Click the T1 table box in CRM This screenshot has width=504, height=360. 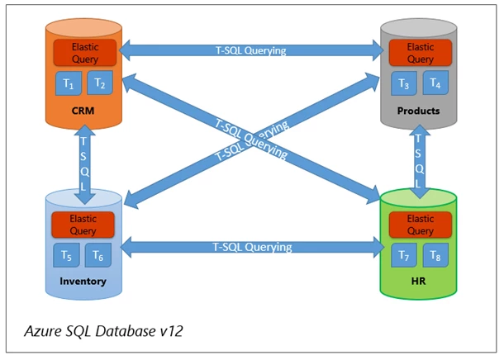[x=69, y=83]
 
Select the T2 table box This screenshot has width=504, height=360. [x=100, y=83]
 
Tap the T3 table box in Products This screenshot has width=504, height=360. [x=404, y=83]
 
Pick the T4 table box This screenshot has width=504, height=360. [x=435, y=83]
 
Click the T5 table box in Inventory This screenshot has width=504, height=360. [x=67, y=255]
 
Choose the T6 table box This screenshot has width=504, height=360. [x=98, y=255]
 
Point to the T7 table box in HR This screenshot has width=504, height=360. [x=404, y=255]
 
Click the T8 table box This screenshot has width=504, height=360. [x=435, y=255]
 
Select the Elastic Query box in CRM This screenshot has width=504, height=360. [x=85, y=53]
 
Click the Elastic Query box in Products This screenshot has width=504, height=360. [x=421, y=53]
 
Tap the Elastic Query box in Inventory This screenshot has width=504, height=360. [x=83, y=225]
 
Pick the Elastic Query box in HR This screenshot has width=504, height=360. [x=421, y=225]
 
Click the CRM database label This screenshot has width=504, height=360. [x=83, y=111]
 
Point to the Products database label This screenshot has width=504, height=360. [x=419, y=111]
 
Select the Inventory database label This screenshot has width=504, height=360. [x=83, y=282]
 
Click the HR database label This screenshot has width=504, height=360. [x=419, y=282]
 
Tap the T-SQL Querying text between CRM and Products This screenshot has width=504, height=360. [x=250, y=50]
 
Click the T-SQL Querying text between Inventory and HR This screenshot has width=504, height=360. [x=252, y=247]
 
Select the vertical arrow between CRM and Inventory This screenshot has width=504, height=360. [x=84, y=164]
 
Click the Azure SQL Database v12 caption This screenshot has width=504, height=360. [x=103, y=331]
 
